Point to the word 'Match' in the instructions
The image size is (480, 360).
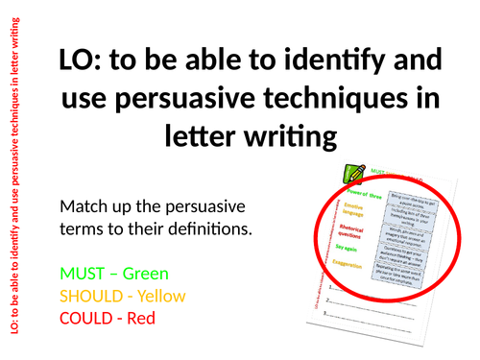83,206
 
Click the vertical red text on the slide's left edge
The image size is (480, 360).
12,180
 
